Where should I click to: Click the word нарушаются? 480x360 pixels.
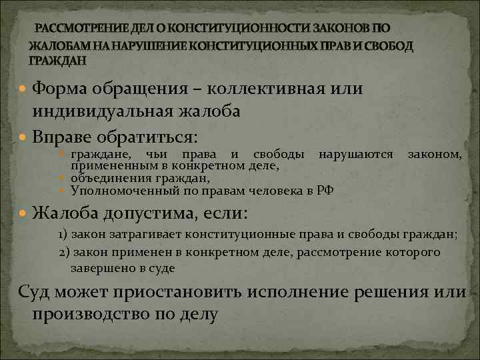[356, 155]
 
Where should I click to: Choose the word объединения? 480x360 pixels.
[107, 178]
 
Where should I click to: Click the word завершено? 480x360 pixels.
[99, 268]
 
